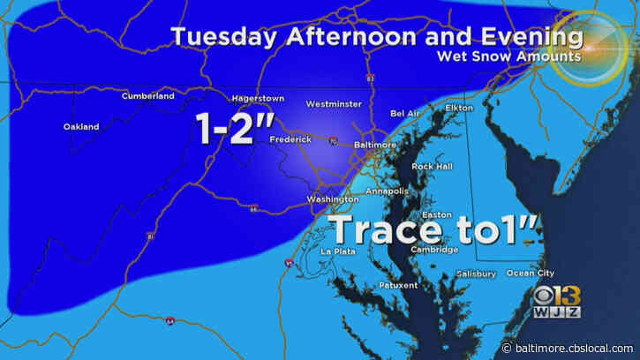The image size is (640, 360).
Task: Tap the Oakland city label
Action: (x=81, y=126)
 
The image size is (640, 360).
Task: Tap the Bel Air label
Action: (x=407, y=114)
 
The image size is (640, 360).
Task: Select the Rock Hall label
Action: (x=433, y=166)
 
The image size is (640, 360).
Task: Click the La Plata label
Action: (x=336, y=251)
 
